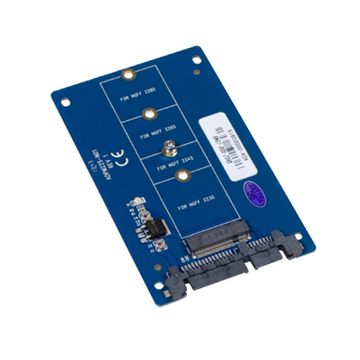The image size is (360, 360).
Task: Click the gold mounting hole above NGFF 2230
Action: pyautogui.click(x=182, y=177)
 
